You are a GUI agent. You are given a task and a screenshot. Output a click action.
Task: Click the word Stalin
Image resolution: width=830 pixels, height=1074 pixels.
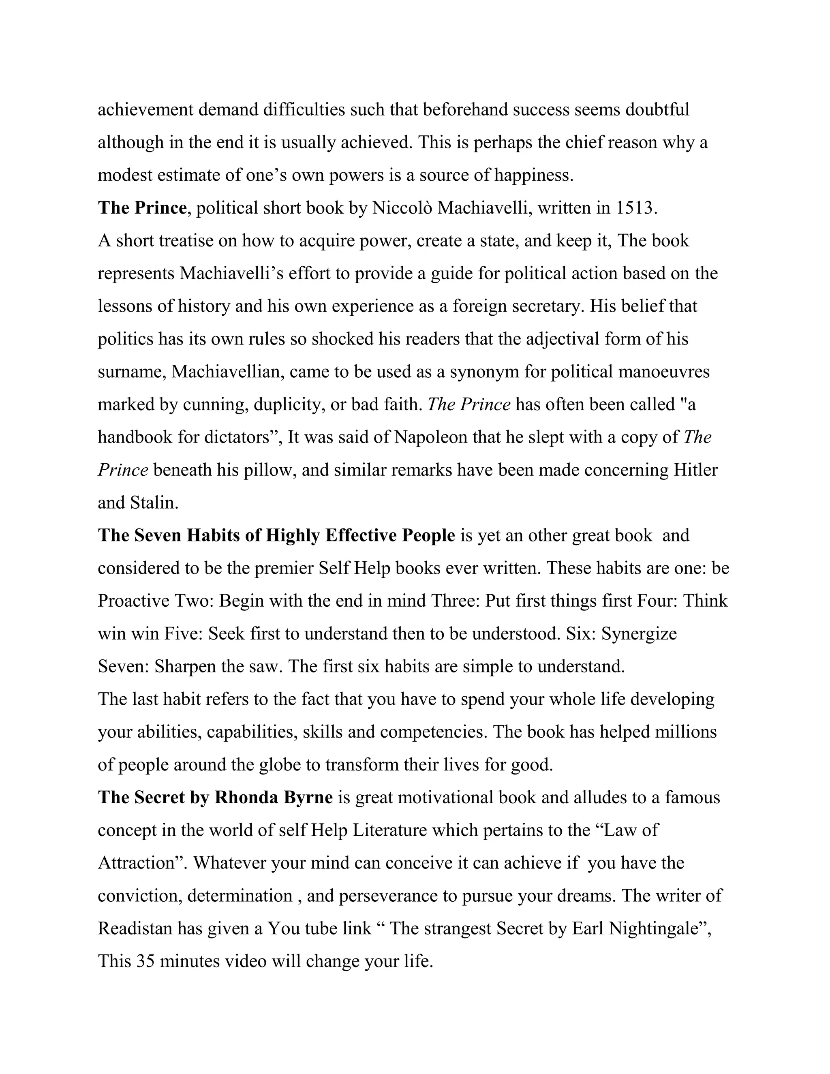pos(154,503)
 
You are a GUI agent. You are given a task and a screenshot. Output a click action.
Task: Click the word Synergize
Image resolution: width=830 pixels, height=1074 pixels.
pos(639,634)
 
